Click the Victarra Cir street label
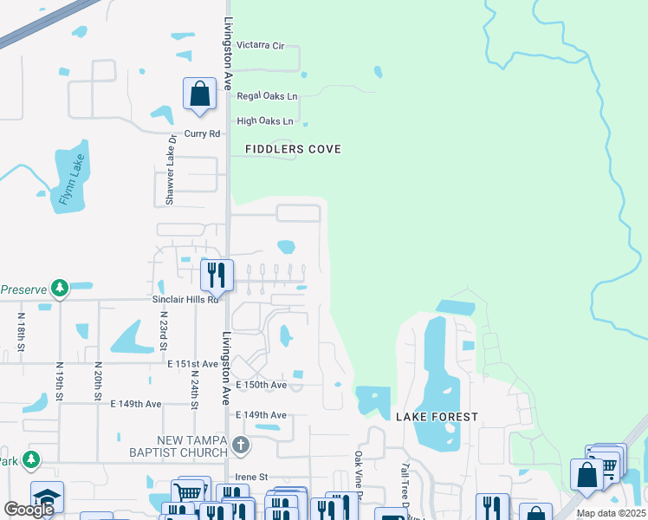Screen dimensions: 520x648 260,45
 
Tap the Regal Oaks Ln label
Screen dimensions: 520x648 267,96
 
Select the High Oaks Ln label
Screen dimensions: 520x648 264,121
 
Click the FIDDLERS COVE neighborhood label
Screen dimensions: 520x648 293,149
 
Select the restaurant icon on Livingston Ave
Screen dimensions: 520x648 217,275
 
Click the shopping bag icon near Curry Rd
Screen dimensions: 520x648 199,93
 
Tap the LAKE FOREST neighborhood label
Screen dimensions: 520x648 437,417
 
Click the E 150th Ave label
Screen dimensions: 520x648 261,385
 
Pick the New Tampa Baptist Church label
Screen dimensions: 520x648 179,446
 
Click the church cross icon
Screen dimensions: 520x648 241,446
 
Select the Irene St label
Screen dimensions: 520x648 252,477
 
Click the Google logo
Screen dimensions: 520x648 29,510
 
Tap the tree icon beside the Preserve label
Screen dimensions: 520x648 59,287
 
